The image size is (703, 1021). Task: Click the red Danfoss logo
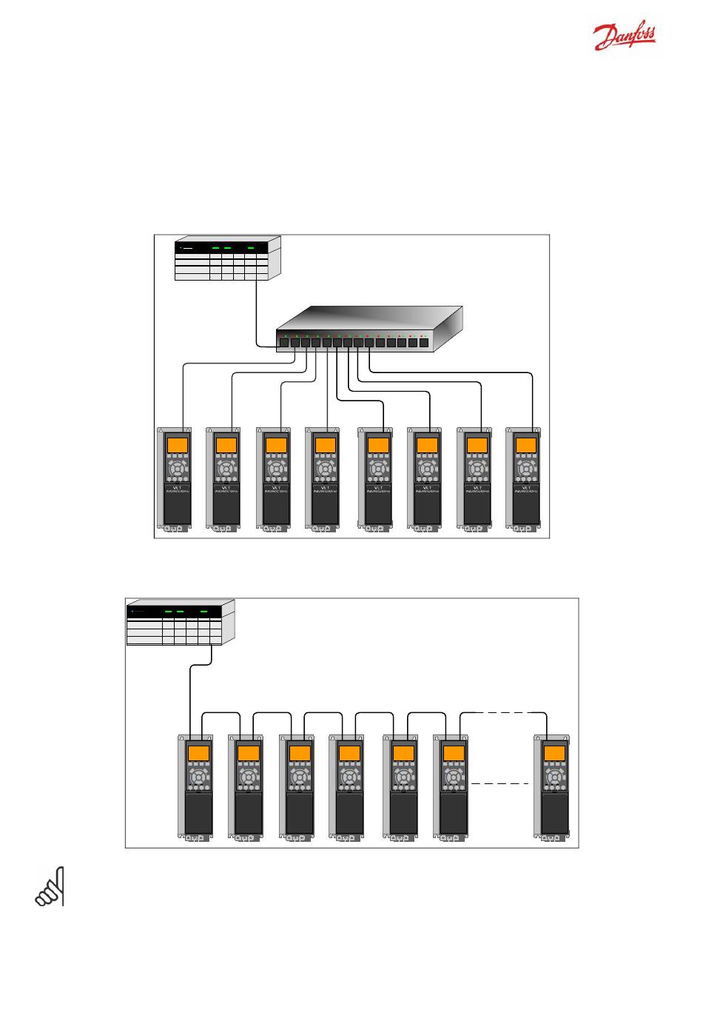(625, 35)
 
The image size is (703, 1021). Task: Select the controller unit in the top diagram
(226, 258)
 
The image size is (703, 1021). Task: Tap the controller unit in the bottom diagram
(180, 623)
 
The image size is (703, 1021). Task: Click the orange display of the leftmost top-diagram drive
(177, 445)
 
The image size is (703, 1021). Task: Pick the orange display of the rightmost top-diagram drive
(526, 445)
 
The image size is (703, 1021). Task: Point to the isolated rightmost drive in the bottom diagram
(554, 788)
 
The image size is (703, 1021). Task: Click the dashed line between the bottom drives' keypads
(501, 783)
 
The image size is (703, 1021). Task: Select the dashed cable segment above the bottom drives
(502, 712)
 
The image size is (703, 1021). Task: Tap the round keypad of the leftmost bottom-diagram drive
(198, 777)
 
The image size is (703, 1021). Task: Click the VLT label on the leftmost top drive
(177, 488)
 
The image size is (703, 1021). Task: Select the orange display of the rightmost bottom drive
(555, 753)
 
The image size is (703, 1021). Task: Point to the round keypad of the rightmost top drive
(526, 469)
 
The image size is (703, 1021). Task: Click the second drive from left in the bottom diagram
(248, 788)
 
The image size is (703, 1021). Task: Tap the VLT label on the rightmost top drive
(526, 488)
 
